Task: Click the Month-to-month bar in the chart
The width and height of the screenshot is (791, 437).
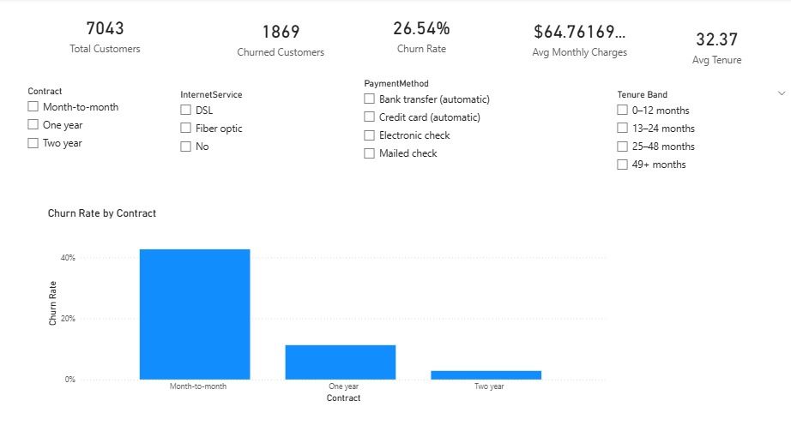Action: (x=195, y=314)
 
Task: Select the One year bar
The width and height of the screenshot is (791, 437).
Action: (x=341, y=362)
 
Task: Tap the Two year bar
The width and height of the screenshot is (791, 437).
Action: (x=486, y=374)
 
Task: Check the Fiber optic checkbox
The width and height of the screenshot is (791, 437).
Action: (x=185, y=129)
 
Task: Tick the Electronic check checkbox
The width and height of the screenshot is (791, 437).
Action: (x=370, y=135)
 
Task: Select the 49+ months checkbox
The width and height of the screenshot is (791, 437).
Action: (x=623, y=165)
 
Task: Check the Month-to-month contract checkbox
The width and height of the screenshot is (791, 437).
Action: (x=33, y=107)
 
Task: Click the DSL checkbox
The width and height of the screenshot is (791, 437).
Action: (x=185, y=111)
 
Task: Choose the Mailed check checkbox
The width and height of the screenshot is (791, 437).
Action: (x=370, y=153)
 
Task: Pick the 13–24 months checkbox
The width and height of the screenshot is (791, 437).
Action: (x=623, y=129)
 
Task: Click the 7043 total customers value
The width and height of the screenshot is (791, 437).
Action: (x=105, y=28)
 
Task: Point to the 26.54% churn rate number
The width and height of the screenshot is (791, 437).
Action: (x=421, y=28)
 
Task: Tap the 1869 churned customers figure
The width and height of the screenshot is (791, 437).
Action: (x=281, y=32)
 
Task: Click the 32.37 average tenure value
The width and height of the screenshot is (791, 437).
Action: (x=716, y=39)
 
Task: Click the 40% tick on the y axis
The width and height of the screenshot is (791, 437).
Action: (x=68, y=258)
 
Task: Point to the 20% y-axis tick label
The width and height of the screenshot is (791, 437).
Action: (x=68, y=319)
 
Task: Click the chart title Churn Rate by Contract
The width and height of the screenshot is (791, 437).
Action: (x=102, y=213)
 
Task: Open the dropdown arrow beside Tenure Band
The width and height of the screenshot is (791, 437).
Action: (x=781, y=93)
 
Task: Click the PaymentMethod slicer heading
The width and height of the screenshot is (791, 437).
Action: (x=396, y=84)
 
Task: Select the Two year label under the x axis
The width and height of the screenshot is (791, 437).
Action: (x=489, y=387)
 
